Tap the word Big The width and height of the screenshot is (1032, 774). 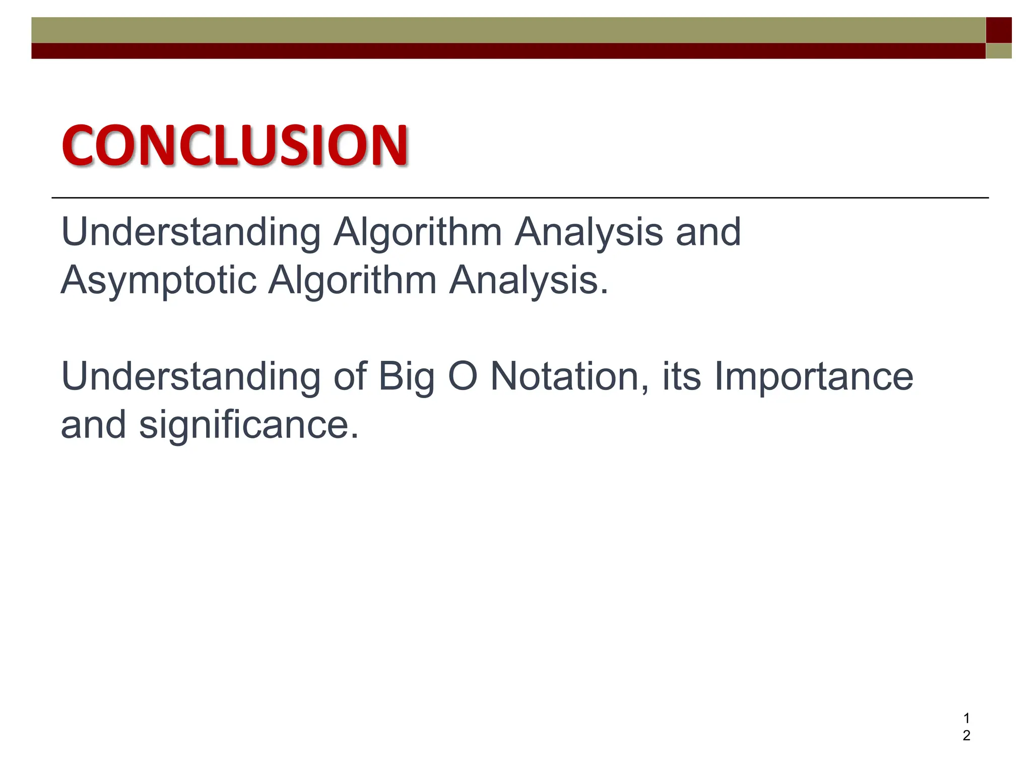pyautogui.click(x=406, y=377)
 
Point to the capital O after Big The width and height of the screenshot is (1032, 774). pyautogui.click(x=462, y=376)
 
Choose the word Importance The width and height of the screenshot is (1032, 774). pyautogui.click(x=814, y=377)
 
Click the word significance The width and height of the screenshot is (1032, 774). pyautogui.click(x=249, y=425)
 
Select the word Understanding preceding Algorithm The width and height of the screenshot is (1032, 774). pyautogui.click(x=190, y=232)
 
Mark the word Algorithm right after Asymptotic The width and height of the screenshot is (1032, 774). pyautogui.click(x=352, y=280)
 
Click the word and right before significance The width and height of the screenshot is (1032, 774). pyautogui.click(x=93, y=425)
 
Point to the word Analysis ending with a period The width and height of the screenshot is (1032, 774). pyautogui.click(x=529, y=280)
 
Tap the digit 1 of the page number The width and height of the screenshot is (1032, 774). pyautogui.click(x=966, y=718)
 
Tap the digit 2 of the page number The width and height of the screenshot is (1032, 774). pyautogui.click(x=966, y=736)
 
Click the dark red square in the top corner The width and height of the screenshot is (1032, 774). pyautogui.click(x=998, y=30)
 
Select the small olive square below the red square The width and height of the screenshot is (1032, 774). pyautogui.click(x=998, y=51)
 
